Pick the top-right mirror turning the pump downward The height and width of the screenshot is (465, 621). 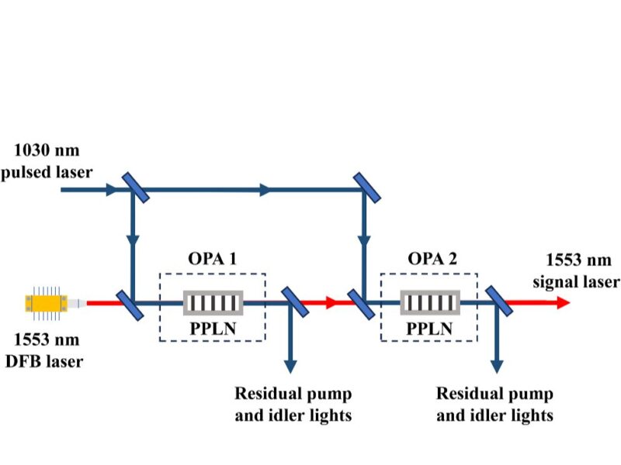click(x=366, y=188)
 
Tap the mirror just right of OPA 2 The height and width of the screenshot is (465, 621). click(x=498, y=301)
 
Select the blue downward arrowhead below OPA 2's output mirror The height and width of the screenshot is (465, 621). click(x=496, y=363)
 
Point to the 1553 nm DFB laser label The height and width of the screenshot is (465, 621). click(x=47, y=349)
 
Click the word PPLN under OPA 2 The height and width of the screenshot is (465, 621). click(x=429, y=329)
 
